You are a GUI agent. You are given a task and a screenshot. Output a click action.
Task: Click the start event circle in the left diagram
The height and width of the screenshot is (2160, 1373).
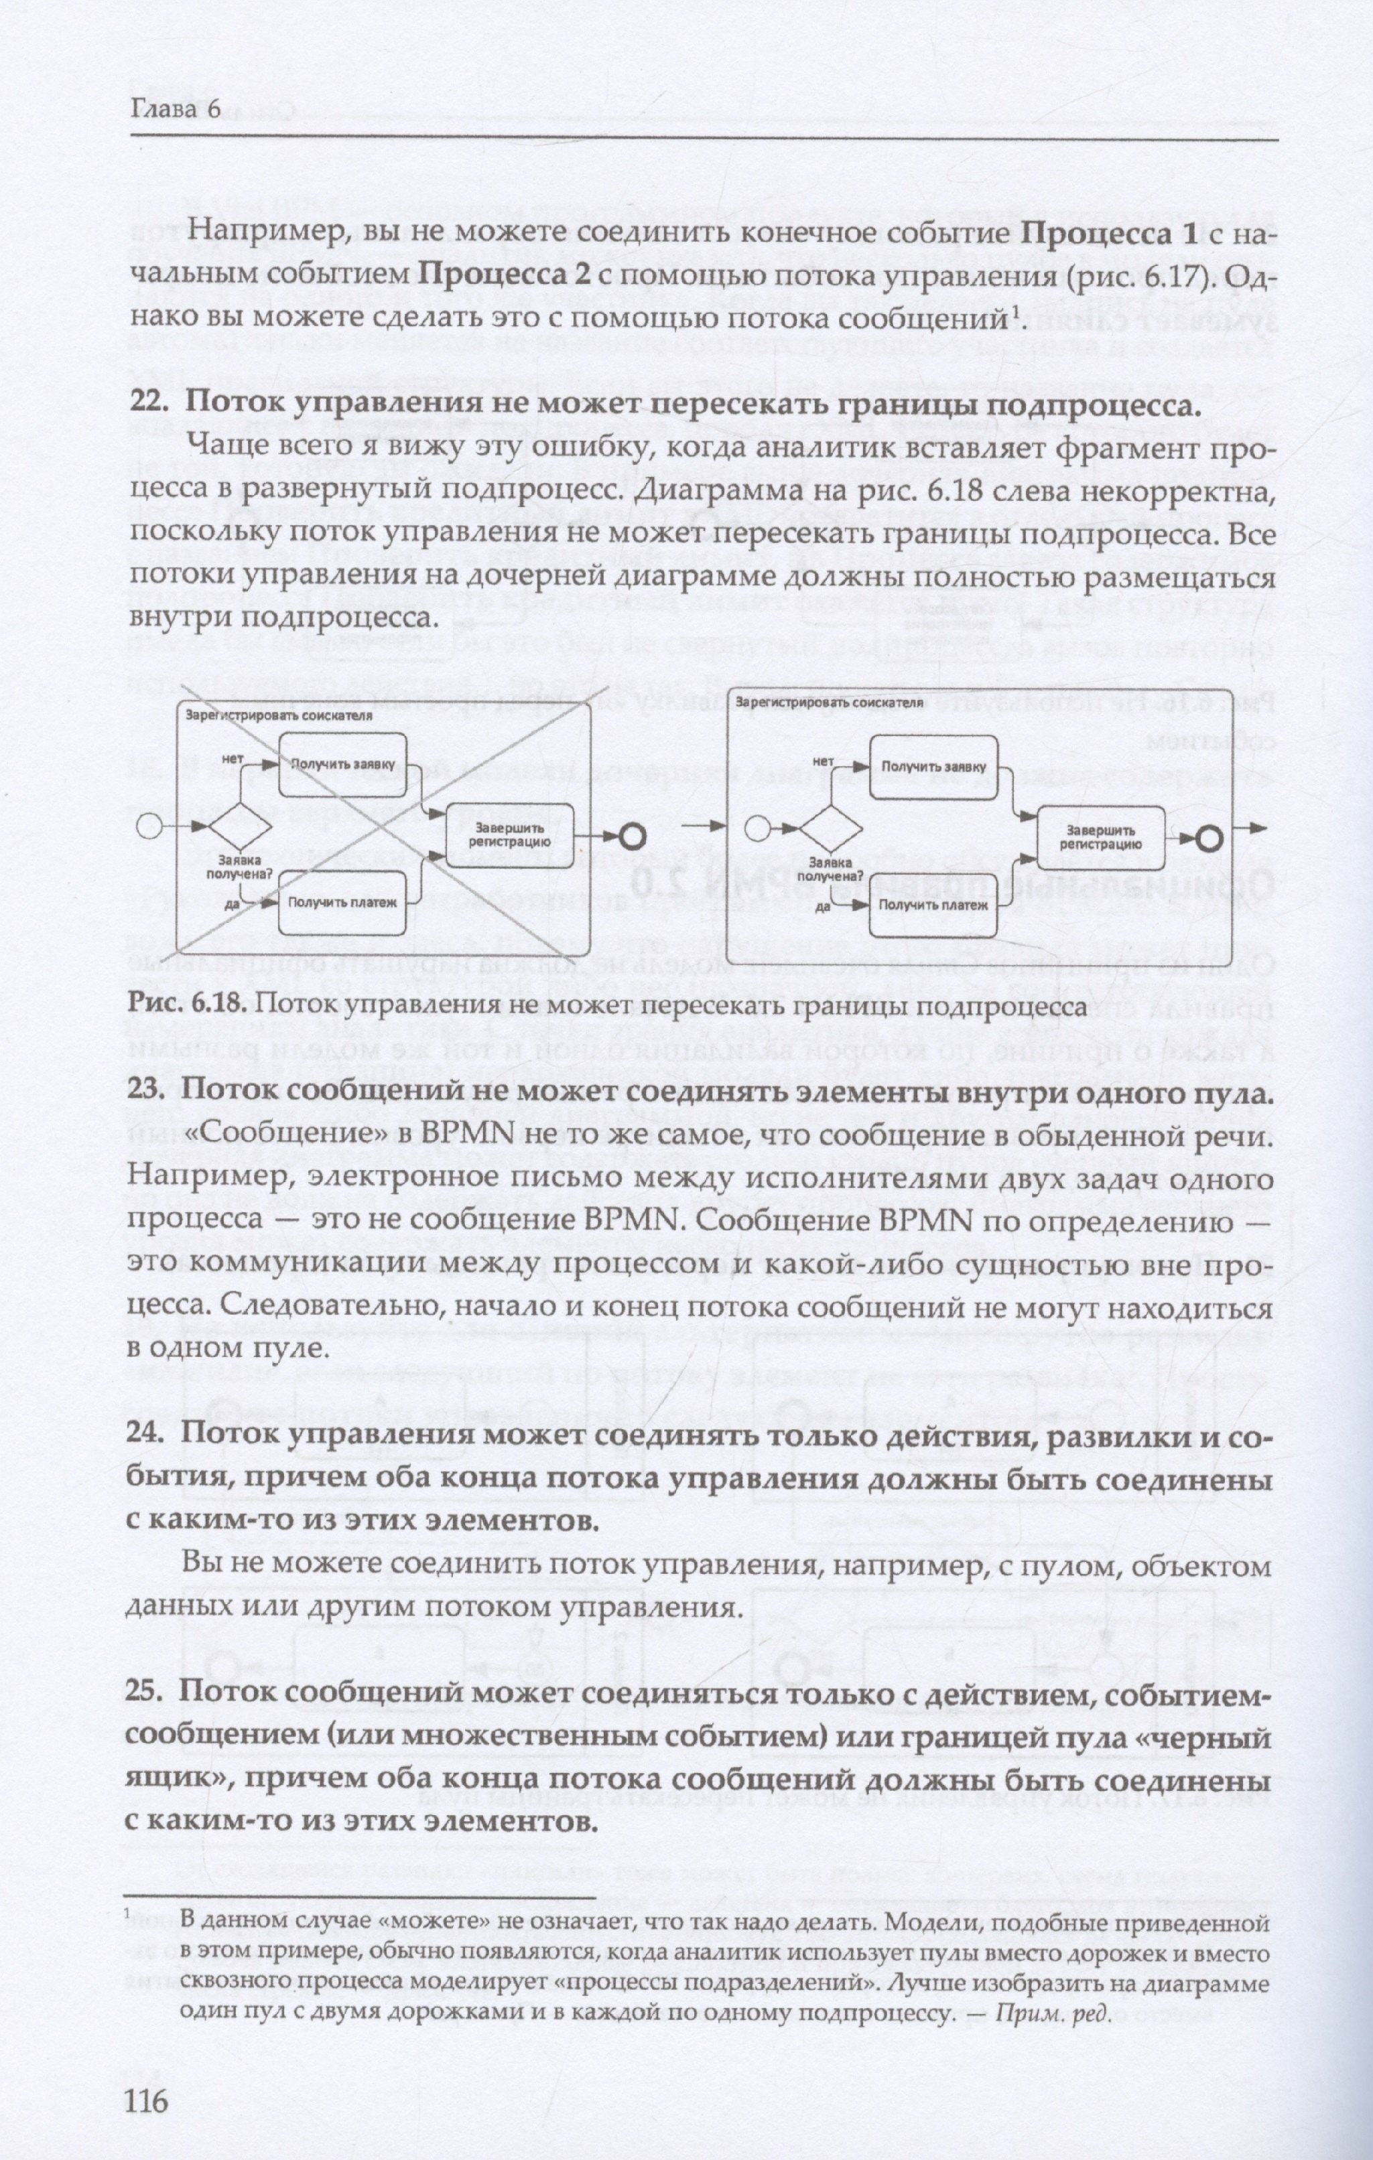148,826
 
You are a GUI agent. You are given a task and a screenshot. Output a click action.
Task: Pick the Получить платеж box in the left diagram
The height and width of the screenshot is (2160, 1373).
341,902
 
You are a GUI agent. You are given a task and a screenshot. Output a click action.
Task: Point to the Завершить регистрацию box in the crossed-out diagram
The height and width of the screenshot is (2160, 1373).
509,835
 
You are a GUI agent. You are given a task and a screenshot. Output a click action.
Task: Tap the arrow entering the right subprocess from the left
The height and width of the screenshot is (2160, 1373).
703,822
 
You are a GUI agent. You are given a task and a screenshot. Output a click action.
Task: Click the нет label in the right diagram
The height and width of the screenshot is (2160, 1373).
822,762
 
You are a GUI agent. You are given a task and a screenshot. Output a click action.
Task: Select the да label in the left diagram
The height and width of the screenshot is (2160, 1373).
233,904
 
